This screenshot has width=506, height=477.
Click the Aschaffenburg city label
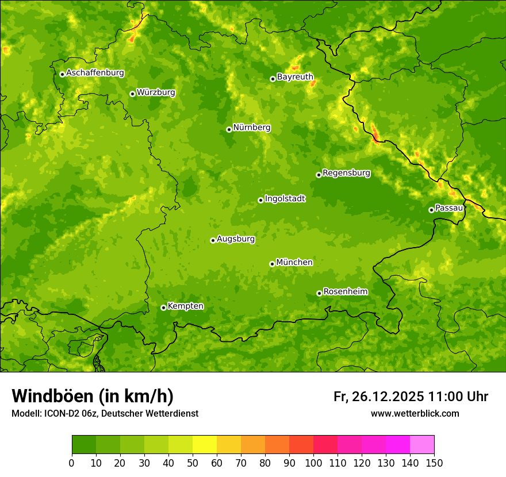(95, 73)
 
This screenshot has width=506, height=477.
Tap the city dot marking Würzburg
(132, 94)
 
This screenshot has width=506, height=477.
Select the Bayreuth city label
(295, 77)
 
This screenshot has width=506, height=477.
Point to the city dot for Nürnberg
(229, 129)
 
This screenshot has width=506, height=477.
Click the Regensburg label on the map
(346, 173)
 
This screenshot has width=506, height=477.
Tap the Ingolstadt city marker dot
(260, 200)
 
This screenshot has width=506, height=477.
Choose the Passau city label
(449, 208)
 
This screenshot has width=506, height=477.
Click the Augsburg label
(236, 239)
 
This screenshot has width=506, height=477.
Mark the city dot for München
(272, 264)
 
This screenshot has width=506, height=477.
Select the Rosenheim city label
(345, 292)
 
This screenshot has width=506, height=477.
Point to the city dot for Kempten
(163, 307)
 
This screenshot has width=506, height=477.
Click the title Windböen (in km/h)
(93, 396)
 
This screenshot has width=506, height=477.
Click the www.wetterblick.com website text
(415, 413)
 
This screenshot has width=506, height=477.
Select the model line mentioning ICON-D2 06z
(105, 413)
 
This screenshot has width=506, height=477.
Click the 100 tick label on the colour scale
(313, 463)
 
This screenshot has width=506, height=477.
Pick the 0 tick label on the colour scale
(72, 463)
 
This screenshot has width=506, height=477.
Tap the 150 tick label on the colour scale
(434, 463)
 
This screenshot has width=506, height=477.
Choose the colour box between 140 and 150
(422, 445)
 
